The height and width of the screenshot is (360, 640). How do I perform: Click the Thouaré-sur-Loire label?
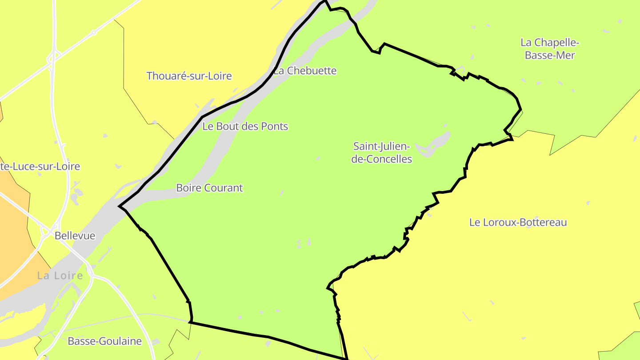189,76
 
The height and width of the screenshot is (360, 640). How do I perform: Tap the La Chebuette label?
305,71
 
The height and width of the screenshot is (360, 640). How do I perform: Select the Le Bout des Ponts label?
245,126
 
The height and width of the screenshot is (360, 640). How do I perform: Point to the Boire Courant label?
209,188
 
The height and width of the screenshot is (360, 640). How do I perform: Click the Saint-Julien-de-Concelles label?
382,152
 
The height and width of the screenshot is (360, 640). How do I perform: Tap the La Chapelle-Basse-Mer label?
550,49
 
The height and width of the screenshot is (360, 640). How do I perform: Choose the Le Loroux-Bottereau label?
518,222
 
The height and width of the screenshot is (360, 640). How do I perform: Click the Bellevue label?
75,236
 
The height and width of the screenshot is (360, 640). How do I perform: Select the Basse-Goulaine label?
104,341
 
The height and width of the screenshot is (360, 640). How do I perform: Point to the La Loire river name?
60,276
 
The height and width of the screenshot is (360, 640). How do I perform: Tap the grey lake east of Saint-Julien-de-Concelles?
433,143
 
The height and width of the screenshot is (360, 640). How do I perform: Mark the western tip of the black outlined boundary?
119,206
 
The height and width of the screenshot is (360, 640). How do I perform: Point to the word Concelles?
388,159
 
